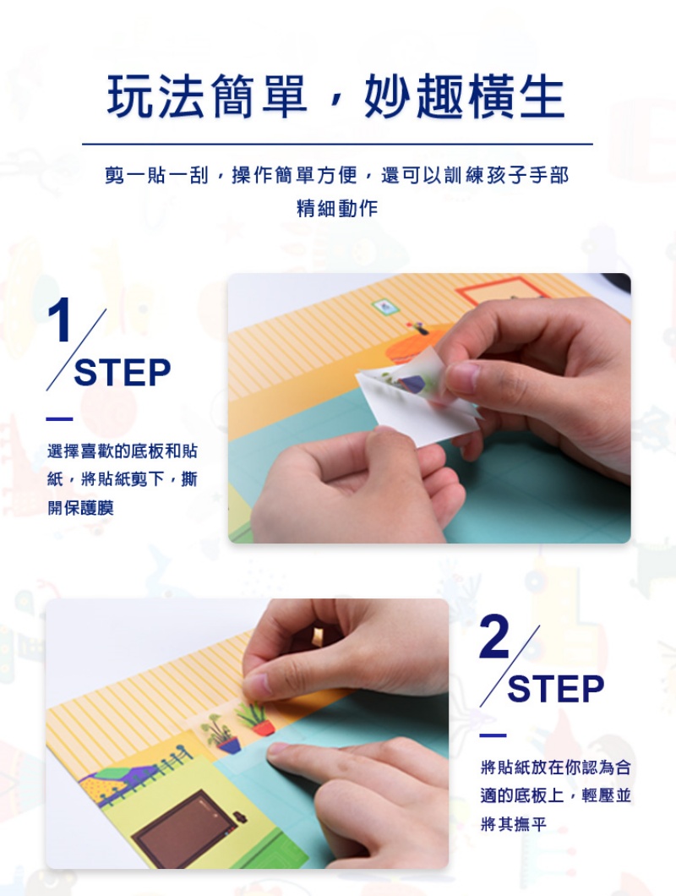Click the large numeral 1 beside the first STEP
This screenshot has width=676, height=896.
click(59, 320)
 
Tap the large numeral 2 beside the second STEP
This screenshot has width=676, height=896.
click(495, 636)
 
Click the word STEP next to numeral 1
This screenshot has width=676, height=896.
click(123, 373)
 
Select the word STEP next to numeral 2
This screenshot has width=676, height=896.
click(555, 689)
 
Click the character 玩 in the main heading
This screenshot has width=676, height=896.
click(131, 96)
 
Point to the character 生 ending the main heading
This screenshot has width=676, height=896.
click(542, 96)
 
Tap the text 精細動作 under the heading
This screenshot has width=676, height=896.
click(337, 208)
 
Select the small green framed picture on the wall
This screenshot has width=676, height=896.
click(385, 307)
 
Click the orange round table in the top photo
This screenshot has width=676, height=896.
click(412, 346)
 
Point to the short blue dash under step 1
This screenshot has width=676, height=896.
click(59, 419)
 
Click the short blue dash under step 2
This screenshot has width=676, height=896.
click(493, 735)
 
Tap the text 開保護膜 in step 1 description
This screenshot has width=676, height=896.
click(80, 507)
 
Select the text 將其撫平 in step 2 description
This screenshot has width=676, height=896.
click(514, 824)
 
